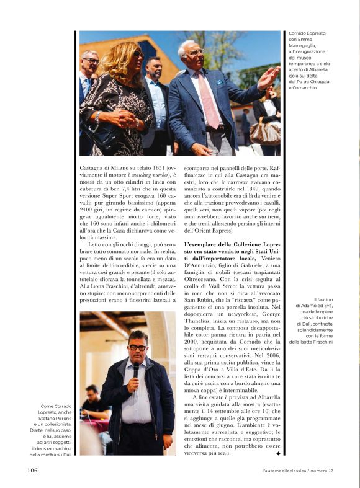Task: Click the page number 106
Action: (32, 471)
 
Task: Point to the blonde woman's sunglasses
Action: (137, 55)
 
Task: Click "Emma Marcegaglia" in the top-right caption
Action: (308, 48)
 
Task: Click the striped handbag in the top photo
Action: (266, 131)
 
